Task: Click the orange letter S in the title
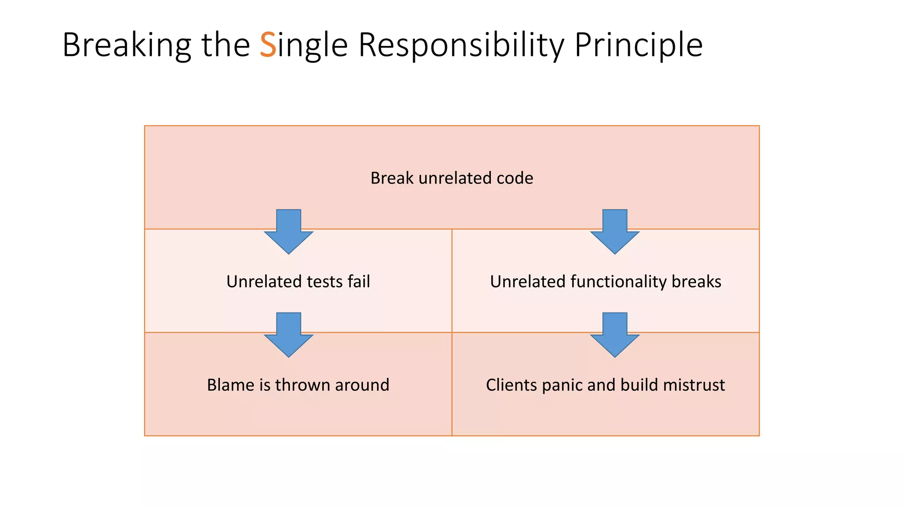tap(268, 45)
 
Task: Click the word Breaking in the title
tap(127, 45)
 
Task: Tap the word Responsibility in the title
tap(461, 45)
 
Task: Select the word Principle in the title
tap(638, 45)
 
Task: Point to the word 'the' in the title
tap(226, 45)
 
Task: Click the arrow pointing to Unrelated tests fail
tap(289, 232)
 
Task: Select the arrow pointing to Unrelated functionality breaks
tap(614, 232)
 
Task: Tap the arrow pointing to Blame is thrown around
tap(289, 335)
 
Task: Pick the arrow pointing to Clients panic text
tap(614, 335)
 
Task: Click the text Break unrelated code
tap(452, 178)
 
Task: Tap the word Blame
tap(231, 385)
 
